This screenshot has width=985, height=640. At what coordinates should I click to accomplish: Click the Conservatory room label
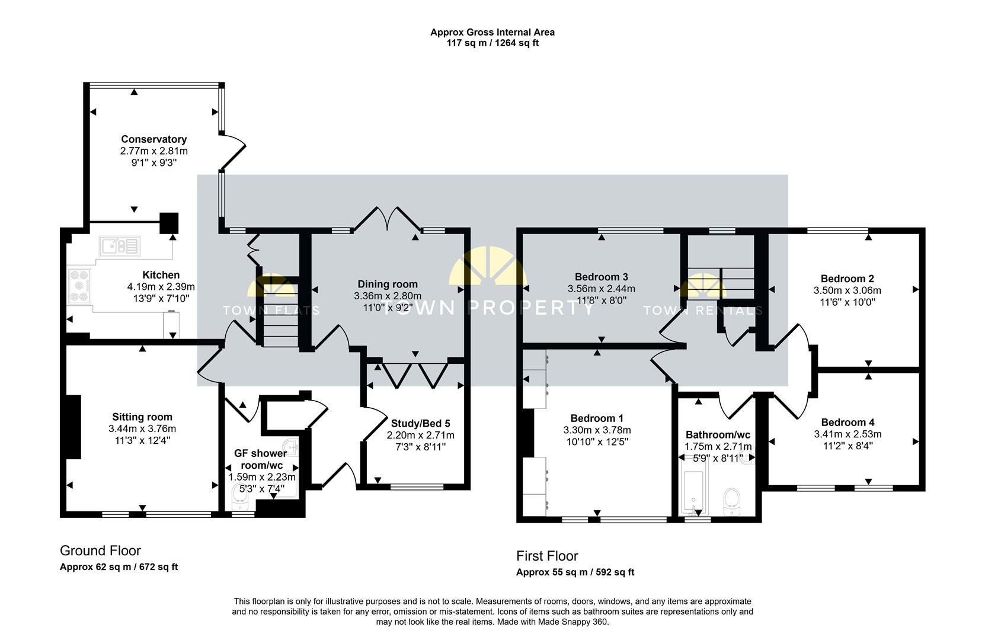pyautogui.click(x=153, y=139)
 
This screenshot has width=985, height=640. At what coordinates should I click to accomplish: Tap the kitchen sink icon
pyautogui.click(x=119, y=245)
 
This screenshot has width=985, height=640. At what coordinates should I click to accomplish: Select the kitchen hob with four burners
pyautogui.click(x=79, y=286)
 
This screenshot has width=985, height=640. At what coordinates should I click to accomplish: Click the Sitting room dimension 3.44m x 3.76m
pyautogui.click(x=142, y=428)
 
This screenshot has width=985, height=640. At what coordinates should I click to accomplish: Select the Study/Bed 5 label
pyautogui.click(x=420, y=423)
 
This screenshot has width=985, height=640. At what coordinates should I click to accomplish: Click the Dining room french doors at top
pyautogui.click(x=388, y=219)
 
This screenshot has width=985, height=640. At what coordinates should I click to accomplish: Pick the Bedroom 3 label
pyautogui.click(x=601, y=277)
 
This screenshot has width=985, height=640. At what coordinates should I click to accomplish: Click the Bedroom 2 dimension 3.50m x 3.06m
pyautogui.click(x=847, y=290)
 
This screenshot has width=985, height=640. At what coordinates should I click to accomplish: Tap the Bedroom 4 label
pyautogui.click(x=848, y=423)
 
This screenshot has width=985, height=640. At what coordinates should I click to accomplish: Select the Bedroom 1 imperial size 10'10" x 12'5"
pyautogui.click(x=597, y=441)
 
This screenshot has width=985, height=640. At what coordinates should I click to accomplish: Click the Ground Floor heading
pyautogui.click(x=100, y=551)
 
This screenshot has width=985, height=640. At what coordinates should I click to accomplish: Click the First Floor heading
pyautogui.click(x=546, y=556)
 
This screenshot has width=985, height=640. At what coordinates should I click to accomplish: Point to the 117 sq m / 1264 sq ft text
pyautogui.click(x=492, y=43)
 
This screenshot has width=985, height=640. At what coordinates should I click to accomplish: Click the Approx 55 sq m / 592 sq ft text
pyautogui.click(x=575, y=572)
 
